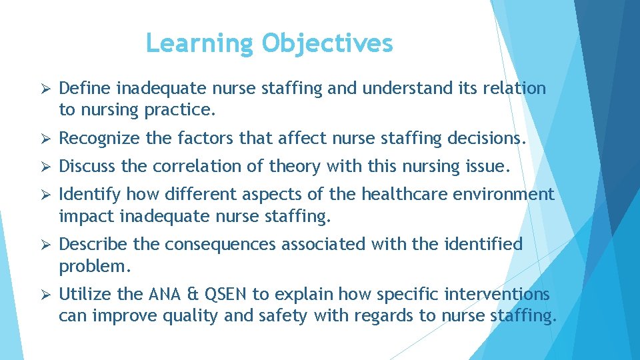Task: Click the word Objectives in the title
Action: coord(327,43)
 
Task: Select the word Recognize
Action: coord(99,139)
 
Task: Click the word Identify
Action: coord(89,194)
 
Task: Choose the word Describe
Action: coord(94,245)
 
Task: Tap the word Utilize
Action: coord(83,294)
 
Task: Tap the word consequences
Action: coord(220,245)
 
